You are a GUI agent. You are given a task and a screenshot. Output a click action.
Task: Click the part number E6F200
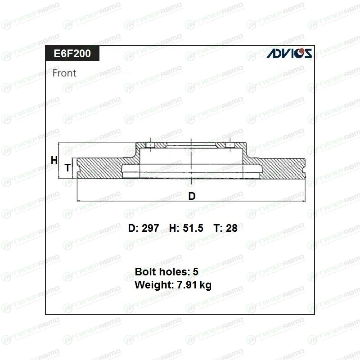pyautogui.click(x=72, y=54)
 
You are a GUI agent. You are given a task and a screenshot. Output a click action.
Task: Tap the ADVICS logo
pyautogui.click(x=289, y=53)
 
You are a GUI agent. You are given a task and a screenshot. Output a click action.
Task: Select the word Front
pyautogui.click(x=64, y=73)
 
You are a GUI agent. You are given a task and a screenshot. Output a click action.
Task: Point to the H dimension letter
pyautogui.click(x=54, y=160)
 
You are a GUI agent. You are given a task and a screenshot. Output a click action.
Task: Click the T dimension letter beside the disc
pyautogui.click(x=67, y=168)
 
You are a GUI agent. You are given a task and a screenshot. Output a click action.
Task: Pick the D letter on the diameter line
pyautogui.click(x=192, y=196)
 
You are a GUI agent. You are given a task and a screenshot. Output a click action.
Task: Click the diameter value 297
pyautogui.click(x=150, y=228)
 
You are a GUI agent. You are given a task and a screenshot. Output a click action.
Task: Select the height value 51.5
pyautogui.click(x=193, y=228)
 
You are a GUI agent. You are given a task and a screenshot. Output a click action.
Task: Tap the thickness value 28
pyautogui.click(x=232, y=228)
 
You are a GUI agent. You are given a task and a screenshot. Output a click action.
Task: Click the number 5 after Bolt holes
pyautogui.click(x=195, y=272)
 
